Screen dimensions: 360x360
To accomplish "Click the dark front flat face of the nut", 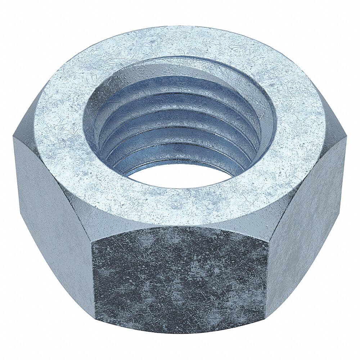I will coord(180,277).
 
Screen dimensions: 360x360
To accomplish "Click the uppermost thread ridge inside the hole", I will coord(180,81).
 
